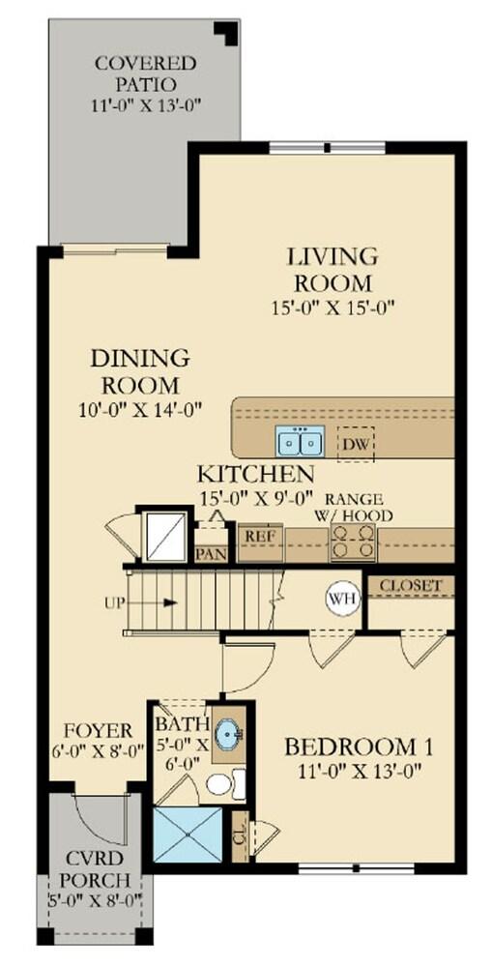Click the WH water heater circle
point(343,599)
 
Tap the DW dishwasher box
point(355,444)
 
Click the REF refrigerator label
point(260,536)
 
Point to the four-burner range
point(353,542)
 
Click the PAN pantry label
point(211,552)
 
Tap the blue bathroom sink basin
point(228,735)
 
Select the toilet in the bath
point(225,784)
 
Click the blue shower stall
point(187,835)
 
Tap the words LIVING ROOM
point(333,270)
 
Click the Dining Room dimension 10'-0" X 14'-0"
point(141,410)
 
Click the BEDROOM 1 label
point(359,747)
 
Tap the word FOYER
point(98,731)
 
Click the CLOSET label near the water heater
point(411,585)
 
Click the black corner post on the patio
point(228,32)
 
